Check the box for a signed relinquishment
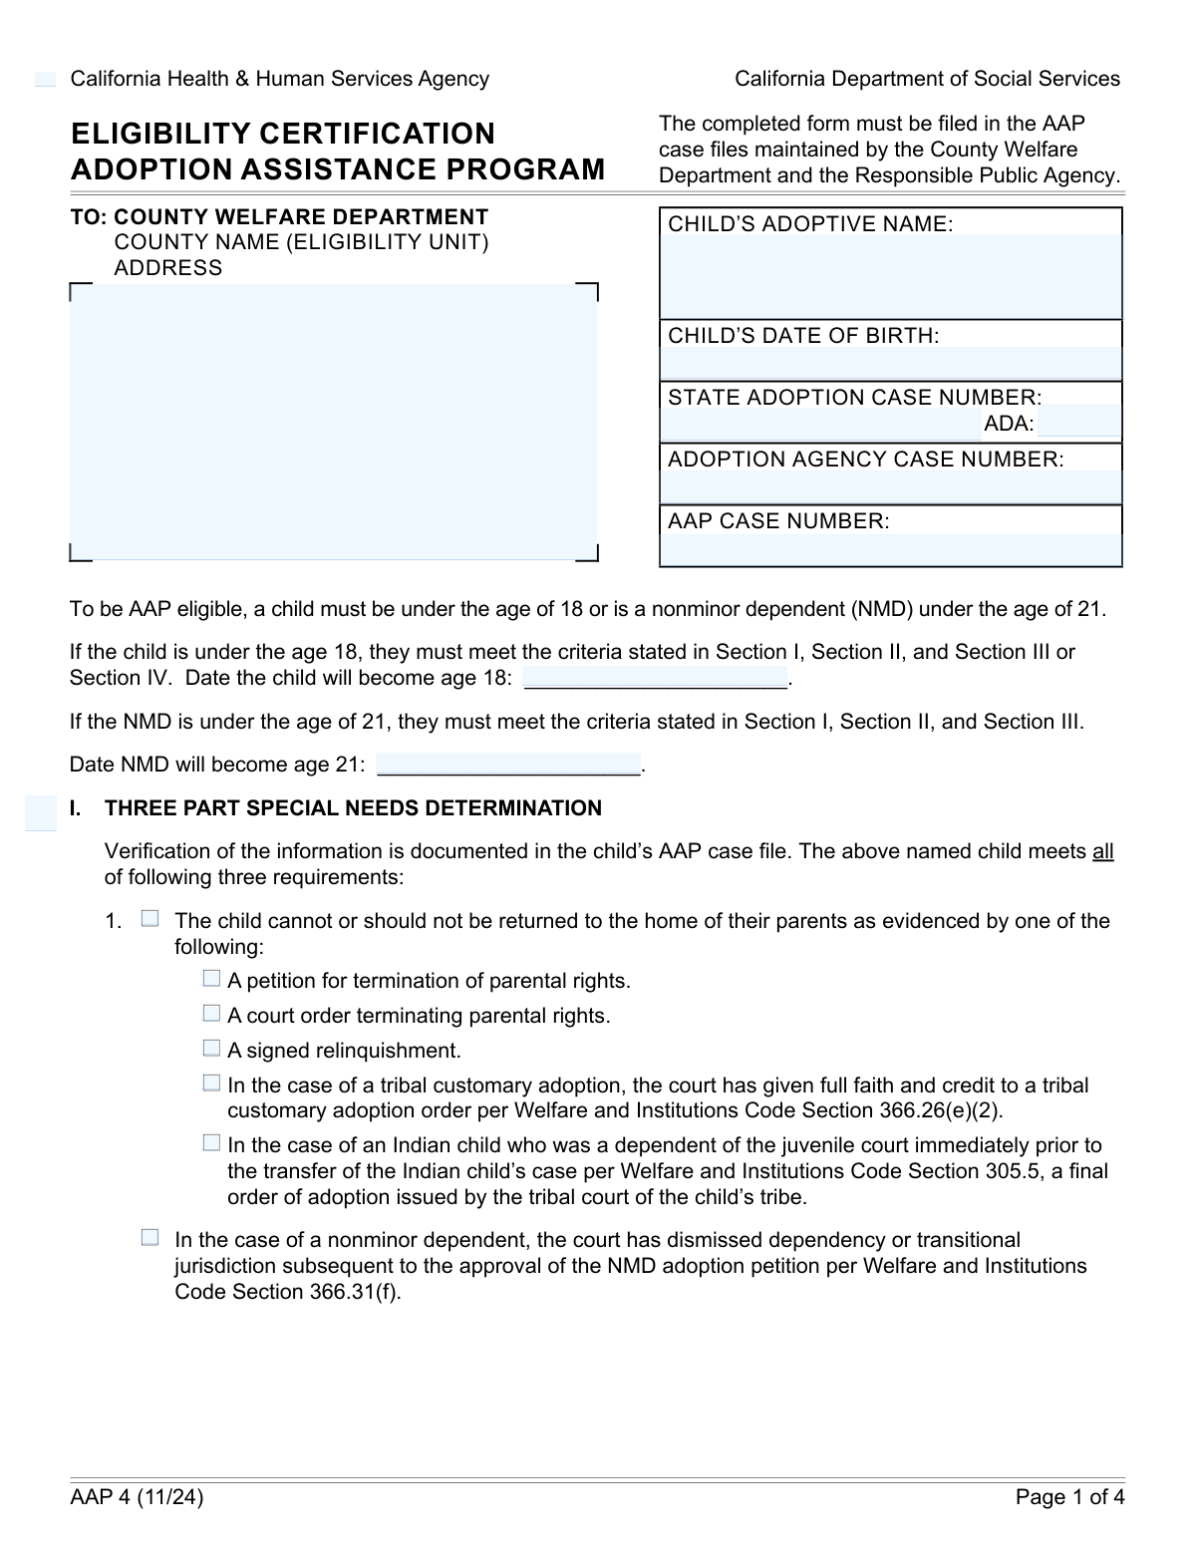(211, 1049)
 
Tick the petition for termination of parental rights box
(211, 979)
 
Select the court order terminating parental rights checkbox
(211, 1014)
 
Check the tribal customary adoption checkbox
(211, 1084)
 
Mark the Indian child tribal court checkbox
(211, 1143)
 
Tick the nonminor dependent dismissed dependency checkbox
(149, 1238)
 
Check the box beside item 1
(149, 919)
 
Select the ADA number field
(1078, 423)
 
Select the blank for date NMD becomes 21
(508, 764)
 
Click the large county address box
(333, 422)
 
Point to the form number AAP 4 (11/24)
(137, 1496)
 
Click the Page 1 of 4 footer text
(1069, 1496)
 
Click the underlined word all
(1102, 851)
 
